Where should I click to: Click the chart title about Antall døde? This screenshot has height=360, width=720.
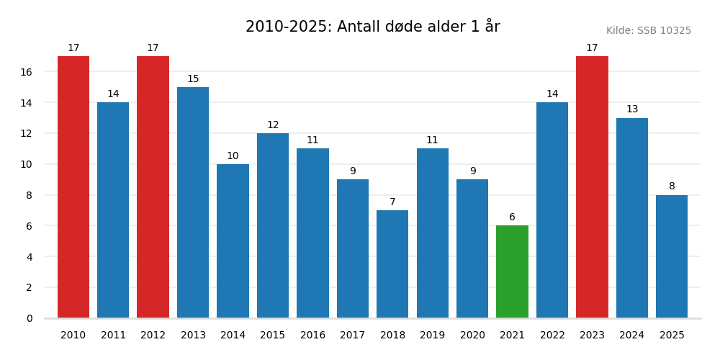click(x=372, y=27)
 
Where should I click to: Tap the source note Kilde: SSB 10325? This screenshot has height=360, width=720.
click(x=648, y=31)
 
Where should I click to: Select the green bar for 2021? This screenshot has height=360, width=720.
click(x=512, y=271)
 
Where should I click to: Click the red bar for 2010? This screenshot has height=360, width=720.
click(x=73, y=187)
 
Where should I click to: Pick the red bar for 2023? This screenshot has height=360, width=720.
click(x=592, y=187)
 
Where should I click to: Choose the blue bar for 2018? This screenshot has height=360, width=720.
click(x=392, y=264)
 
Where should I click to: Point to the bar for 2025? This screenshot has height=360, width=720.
click(x=672, y=256)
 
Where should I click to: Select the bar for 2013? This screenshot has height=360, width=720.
click(x=193, y=202)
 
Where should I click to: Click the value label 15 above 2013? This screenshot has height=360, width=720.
click(x=193, y=79)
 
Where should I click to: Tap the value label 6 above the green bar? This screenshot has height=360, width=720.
click(x=512, y=217)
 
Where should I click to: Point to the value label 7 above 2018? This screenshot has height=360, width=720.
click(x=392, y=202)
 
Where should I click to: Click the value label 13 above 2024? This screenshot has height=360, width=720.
click(x=632, y=109)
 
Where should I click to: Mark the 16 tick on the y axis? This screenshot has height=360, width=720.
click(x=26, y=72)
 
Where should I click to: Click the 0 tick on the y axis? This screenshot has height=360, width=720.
click(x=30, y=318)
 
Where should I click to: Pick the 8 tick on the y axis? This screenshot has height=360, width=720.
click(x=30, y=195)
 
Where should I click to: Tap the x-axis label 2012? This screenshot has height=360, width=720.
click(x=153, y=336)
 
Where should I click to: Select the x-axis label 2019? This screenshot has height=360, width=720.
click(x=432, y=336)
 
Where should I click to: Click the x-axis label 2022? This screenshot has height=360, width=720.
click(x=552, y=336)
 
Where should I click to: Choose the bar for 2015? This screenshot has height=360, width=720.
click(x=273, y=225)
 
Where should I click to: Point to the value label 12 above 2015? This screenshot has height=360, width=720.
click(x=273, y=125)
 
